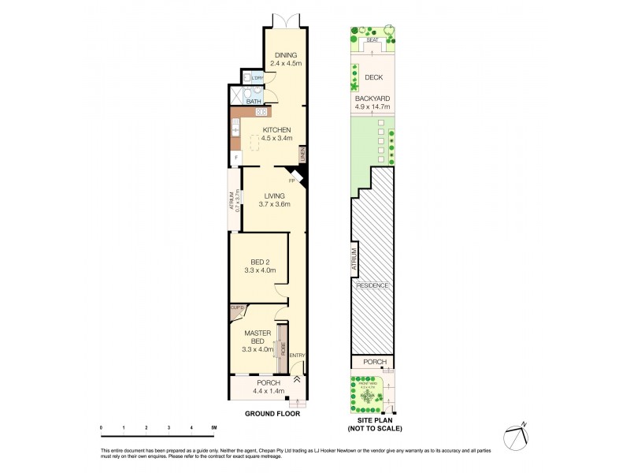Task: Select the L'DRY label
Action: (x=257, y=79)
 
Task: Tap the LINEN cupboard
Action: (x=302, y=155)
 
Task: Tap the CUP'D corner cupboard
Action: (x=236, y=308)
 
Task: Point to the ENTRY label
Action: (x=297, y=356)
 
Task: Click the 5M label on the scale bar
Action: (x=213, y=428)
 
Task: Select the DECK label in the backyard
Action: (x=373, y=78)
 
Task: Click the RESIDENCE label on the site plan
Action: (x=372, y=285)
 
